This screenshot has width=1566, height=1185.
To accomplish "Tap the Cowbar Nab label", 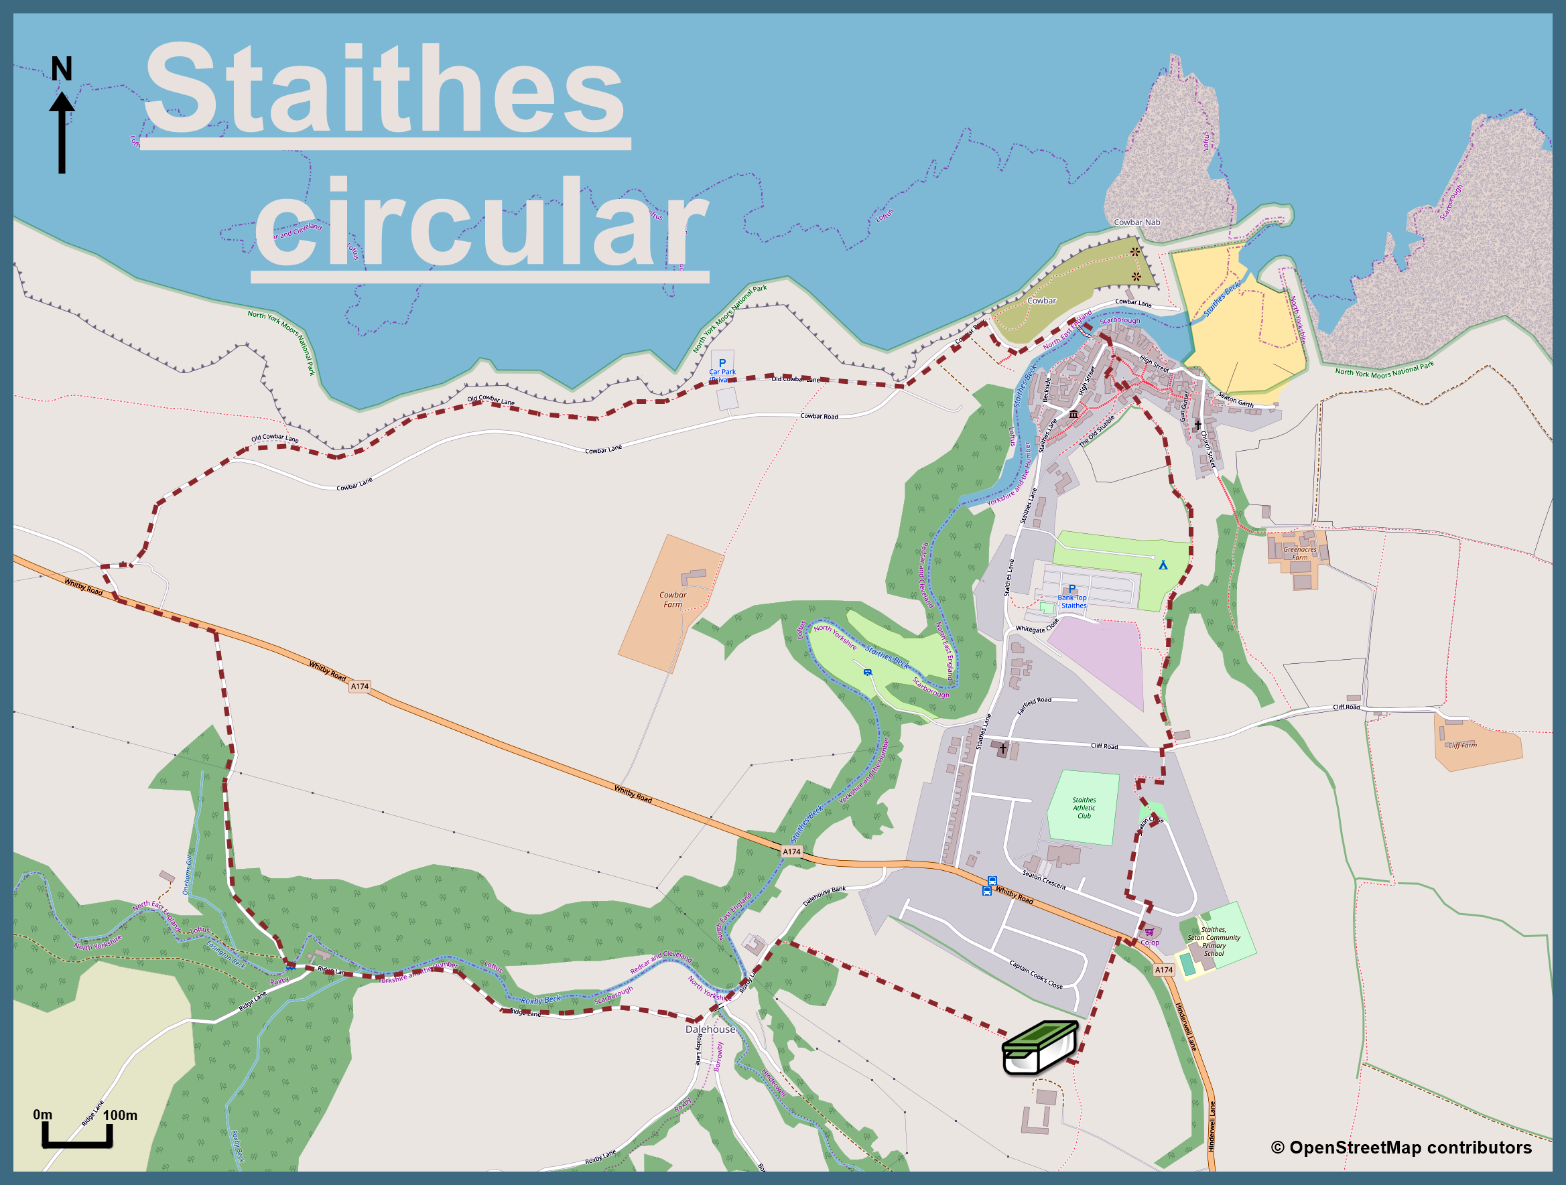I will pyautogui.click(x=1137, y=222).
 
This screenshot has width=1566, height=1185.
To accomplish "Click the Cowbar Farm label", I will pyautogui.click(x=673, y=600).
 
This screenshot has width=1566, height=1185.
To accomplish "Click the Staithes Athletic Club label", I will pyautogui.click(x=1084, y=808).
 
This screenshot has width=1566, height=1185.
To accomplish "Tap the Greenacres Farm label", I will pyautogui.click(x=1300, y=553).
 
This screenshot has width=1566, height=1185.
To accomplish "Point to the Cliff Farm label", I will pyautogui.click(x=1462, y=746).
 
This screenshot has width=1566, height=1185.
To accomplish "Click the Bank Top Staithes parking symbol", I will pyautogui.click(x=1072, y=589).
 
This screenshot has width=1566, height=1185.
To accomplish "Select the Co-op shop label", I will pyautogui.click(x=1150, y=943).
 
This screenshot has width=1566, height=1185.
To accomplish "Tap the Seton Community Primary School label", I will pyautogui.click(x=1214, y=941).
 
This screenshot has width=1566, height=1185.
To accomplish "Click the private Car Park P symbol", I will pyautogui.click(x=722, y=363).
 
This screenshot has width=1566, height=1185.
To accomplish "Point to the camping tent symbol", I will pyautogui.click(x=1163, y=565).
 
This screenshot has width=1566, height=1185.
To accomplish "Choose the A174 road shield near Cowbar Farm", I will pyautogui.click(x=360, y=686).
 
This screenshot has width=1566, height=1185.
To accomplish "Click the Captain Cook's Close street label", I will pyautogui.click(x=1036, y=975).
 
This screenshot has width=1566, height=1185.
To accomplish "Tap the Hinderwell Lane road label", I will pyautogui.click(x=1186, y=1026).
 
